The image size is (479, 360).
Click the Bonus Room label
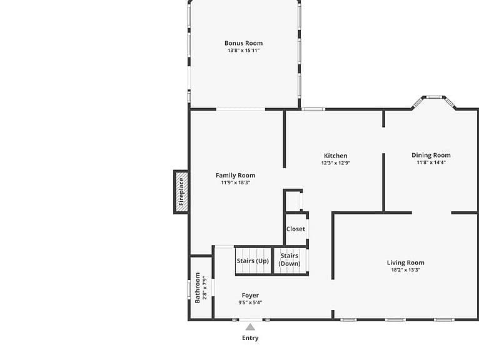point(243,43)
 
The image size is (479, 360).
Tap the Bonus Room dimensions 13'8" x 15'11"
point(243,51)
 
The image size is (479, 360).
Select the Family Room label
point(236,175)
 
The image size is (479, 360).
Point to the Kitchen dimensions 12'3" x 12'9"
point(335,163)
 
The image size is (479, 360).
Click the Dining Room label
point(431,155)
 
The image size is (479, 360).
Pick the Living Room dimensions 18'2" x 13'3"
point(406,270)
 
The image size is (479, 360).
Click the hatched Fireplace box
point(181,192)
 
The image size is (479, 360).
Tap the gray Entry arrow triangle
point(250,327)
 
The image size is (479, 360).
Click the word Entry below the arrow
point(250,338)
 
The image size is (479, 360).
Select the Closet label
point(296,229)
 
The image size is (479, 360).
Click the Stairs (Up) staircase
point(253,261)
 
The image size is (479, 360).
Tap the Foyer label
point(250,295)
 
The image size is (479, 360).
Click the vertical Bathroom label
point(198,287)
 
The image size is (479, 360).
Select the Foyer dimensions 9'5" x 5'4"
point(250,302)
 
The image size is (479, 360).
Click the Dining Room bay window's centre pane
point(434,97)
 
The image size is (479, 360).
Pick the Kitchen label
point(335,156)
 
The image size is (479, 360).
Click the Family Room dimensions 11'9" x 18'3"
point(236,182)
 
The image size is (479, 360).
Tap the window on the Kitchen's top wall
point(313,109)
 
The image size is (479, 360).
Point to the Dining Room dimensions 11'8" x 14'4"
point(431,162)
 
